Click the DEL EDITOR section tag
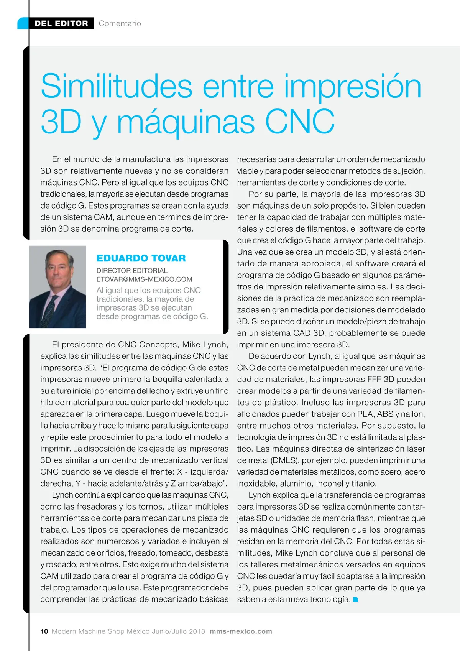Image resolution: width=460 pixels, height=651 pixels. (x=61, y=23)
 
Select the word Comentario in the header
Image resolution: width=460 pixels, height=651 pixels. (x=120, y=23)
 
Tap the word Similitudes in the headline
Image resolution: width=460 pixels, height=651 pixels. (x=117, y=87)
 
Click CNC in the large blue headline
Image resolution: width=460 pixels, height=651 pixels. (x=300, y=122)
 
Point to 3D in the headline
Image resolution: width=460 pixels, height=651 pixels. (x=61, y=122)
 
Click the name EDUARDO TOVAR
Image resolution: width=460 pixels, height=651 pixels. (x=141, y=258)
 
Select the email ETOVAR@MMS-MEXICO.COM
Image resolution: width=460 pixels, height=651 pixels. (x=144, y=279)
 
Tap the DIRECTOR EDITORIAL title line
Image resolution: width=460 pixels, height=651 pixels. (x=132, y=271)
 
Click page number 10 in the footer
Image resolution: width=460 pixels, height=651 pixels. (x=44, y=631)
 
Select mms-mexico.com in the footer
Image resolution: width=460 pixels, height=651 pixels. (x=241, y=631)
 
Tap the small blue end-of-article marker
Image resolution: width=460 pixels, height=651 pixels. (x=355, y=600)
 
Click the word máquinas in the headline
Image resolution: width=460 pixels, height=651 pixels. (x=186, y=122)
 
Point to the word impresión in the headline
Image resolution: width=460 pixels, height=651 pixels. (x=352, y=87)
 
